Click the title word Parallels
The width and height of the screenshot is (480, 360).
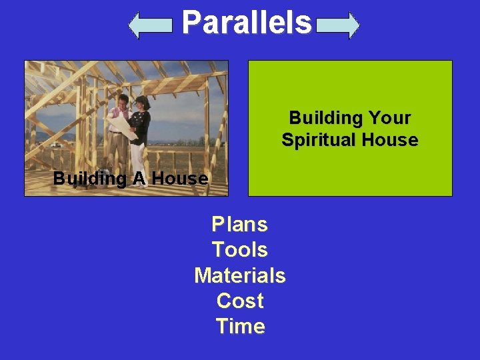pyautogui.click(x=246, y=23)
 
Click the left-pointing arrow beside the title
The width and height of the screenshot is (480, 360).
pyautogui.click(x=150, y=25)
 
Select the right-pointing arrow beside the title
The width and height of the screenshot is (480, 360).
pyautogui.click(x=338, y=25)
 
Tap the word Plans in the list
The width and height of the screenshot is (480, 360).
pyautogui.click(x=239, y=225)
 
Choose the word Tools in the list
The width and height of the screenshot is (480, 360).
pyautogui.click(x=239, y=250)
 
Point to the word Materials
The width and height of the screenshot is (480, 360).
pyautogui.click(x=239, y=275)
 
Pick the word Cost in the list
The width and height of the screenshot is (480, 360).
pyautogui.click(x=239, y=301)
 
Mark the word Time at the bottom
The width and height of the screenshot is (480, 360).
pyautogui.click(x=239, y=326)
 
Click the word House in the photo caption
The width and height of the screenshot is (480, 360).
pyautogui.click(x=180, y=179)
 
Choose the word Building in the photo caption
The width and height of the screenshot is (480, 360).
pyautogui.click(x=87, y=179)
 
